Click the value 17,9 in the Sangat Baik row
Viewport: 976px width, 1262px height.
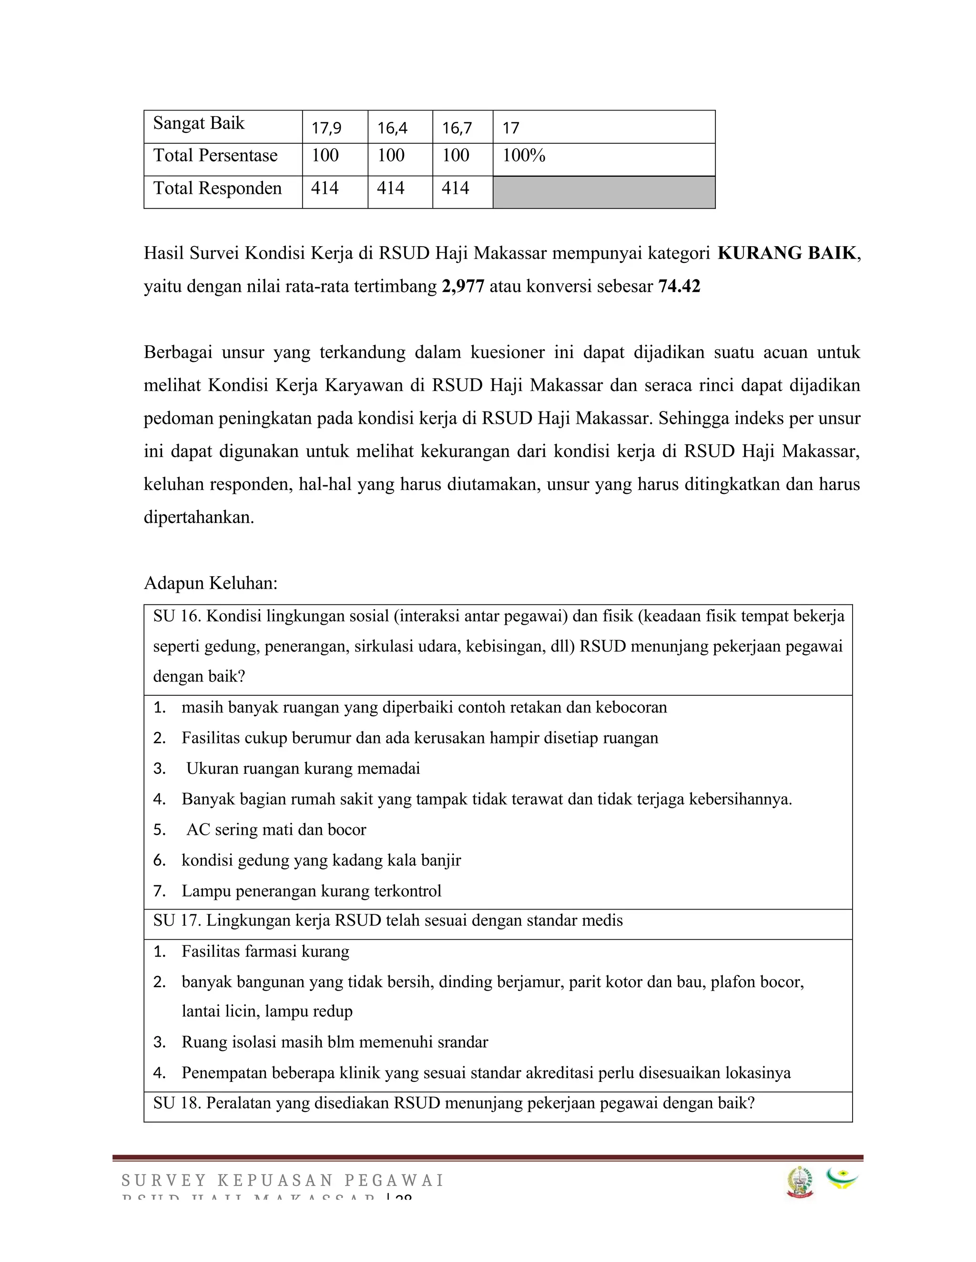(x=326, y=128)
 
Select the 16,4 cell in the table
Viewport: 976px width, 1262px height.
(x=392, y=128)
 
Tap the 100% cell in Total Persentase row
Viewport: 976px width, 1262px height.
(x=524, y=155)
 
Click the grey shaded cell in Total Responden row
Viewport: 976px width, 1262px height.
(x=604, y=192)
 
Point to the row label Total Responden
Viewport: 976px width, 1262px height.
(x=217, y=189)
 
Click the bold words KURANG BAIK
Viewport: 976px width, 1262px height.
(x=786, y=253)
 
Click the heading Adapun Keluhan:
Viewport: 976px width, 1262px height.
(x=211, y=583)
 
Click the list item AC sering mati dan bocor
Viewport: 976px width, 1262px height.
(x=276, y=830)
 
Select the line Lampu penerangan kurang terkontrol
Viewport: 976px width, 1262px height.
(x=311, y=891)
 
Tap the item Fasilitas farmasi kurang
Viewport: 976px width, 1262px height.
(x=265, y=951)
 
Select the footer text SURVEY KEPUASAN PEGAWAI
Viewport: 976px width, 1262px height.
(x=282, y=1181)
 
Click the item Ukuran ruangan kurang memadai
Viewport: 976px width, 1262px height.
(x=303, y=769)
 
